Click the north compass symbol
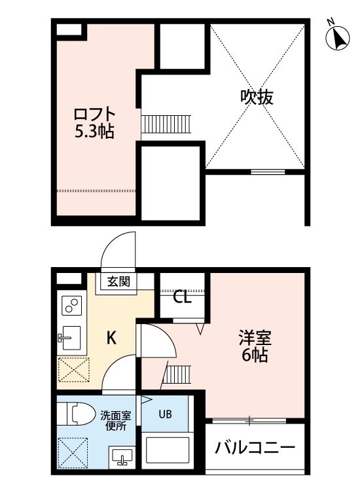click(x=338, y=37)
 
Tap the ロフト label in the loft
click(x=94, y=115)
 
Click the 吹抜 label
click(x=257, y=97)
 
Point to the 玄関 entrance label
click(x=118, y=282)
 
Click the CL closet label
click(x=182, y=297)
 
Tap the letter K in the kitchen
click(x=111, y=338)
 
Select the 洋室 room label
click(x=255, y=338)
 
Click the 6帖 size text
click(x=255, y=355)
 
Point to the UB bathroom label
click(x=165, y=414)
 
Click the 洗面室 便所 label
click(x=115, y=421)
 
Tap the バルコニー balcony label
click(x=255, y=448)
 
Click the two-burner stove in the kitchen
click(x=72, y=306)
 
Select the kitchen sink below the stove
click(x=69, y=338)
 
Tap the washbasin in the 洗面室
click(x=122, y=456)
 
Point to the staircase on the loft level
click(x=166, y=124)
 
